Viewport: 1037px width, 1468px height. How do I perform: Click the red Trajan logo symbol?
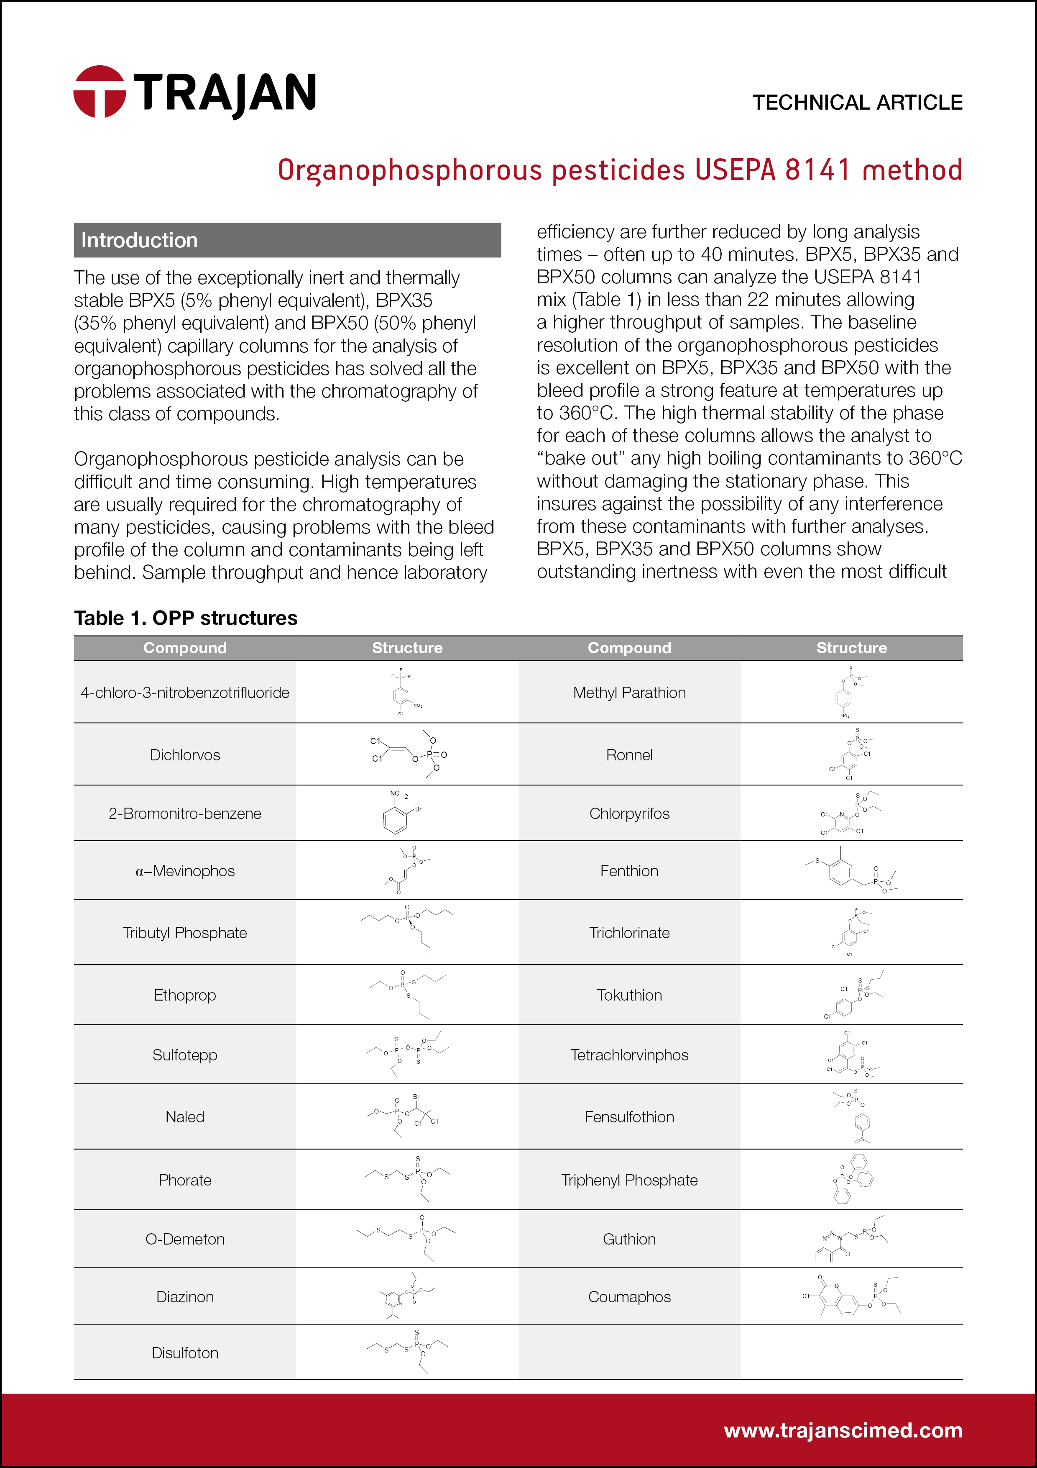click(x=99, y=91)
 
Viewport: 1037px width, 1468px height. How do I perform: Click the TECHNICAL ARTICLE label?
click(x=857, y=102)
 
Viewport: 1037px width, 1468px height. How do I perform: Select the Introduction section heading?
click(x=139, y=240)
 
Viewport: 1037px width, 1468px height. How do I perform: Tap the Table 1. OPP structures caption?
click(x=185, y=618)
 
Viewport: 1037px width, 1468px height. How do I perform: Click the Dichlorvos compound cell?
click(x=185, y=755)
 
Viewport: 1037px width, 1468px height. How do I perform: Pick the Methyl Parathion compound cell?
click(x=629, y=693)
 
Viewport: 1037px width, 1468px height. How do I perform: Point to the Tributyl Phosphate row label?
click(x=185, y=933)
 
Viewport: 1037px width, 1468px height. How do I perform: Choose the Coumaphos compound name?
click(x=629, y=1297)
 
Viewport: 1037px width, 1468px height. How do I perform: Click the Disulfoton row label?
click(x=185, y=1353)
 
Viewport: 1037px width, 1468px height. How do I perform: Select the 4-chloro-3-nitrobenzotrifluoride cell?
click(x=185, y=693)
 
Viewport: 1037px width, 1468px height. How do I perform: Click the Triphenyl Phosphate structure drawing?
click(x=852, y=1180)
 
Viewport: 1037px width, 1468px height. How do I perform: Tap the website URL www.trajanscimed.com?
click(x=842, y=1430)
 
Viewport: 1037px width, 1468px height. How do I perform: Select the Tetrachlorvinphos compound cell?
click(x=629, y=1055)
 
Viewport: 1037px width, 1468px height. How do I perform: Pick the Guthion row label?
click(x=629, y=1239)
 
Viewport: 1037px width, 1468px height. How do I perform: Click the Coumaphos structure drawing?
click(x=852, y=1297)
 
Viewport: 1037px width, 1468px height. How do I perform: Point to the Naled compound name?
click(x=185, y=1117)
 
